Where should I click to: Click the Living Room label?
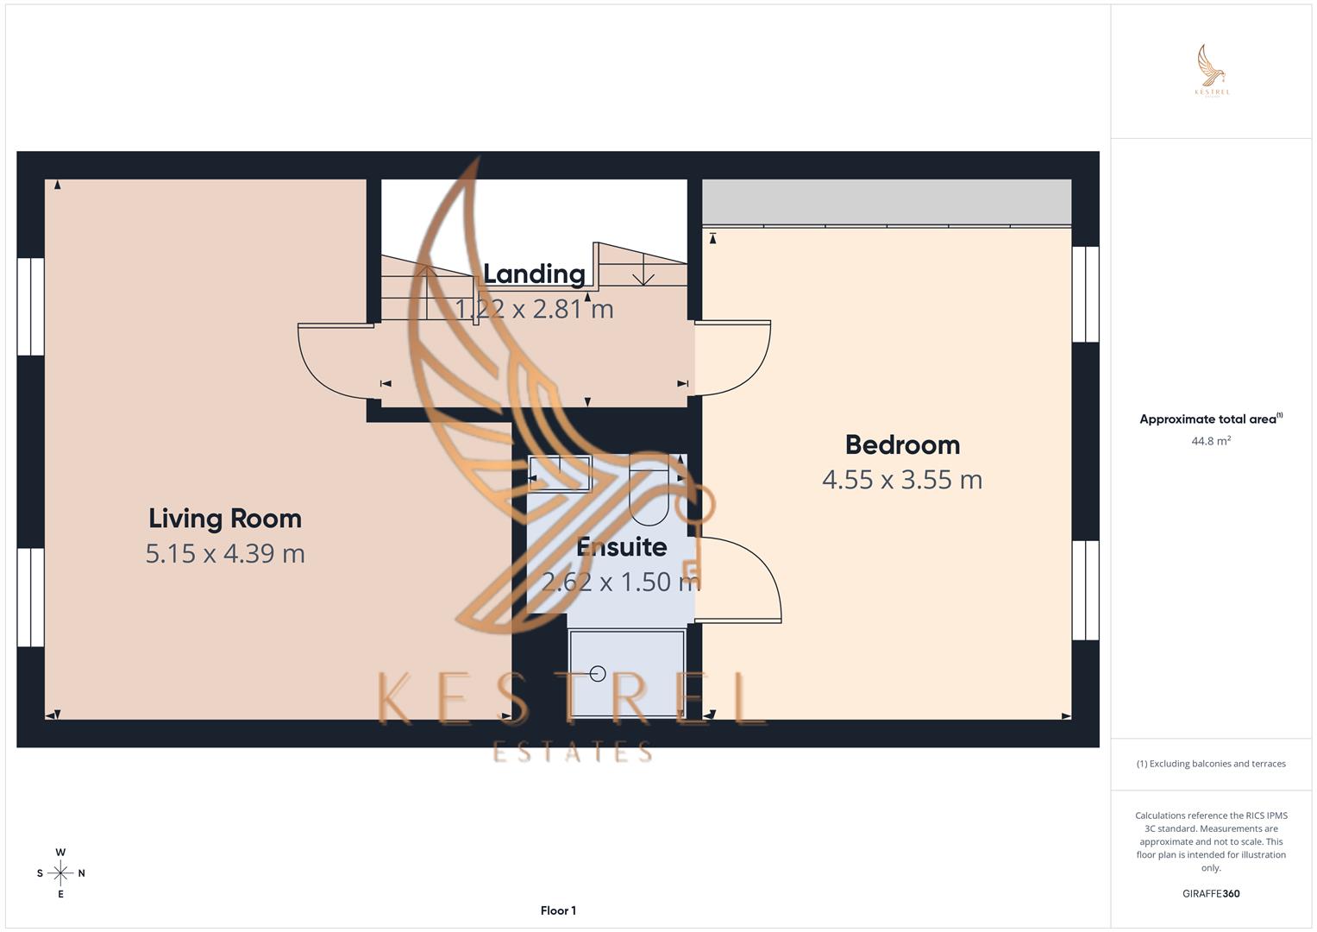click(x=225, y=519)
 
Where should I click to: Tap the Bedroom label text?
click(x=902, y=445)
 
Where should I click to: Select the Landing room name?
click(x=534, y=274)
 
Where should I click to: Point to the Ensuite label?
click(x=621, y=547)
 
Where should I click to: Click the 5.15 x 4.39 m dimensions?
click(x=225, y=553)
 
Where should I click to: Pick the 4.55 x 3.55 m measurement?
click(x=902, y=480)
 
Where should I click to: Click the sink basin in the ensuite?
click(x=560, y=473)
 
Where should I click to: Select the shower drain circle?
click(x=598, y=674)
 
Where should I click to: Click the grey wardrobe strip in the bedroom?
click(x=887, y=202)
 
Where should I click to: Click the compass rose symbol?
click(x=60, y=873)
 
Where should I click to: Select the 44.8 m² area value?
click(x=1211, y=441)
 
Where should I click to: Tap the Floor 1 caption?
click(x=558, y=910)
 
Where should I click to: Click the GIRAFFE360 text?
click(x=1211, y=894)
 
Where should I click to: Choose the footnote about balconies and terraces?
click(x=1211, y=764)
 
